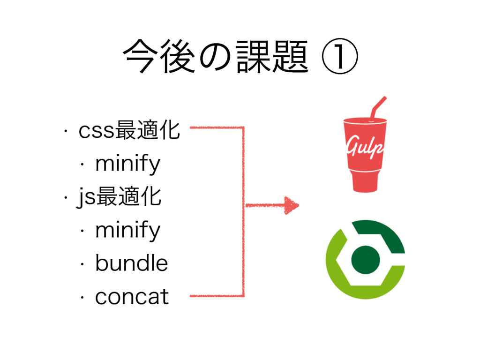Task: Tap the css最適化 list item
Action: tap(129, 132)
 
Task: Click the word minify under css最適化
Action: tap(128, 165)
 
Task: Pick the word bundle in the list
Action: tap(131, 263)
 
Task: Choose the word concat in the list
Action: tap(132, 297)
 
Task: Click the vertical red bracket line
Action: tap(244, 211)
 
